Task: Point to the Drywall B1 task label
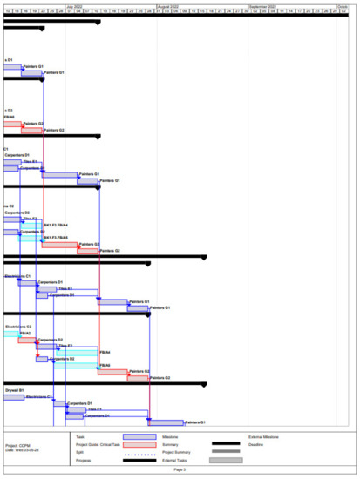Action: click(x=14, y=391)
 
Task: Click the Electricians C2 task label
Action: click(x=19, y=327)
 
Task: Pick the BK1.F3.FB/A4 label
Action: click(x=56, y=226)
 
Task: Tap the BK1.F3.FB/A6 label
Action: click(x=56, y=237)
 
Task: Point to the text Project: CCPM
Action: click(x=18, y=444)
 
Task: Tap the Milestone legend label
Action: click(x=172, y=436)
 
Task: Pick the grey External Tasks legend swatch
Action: click(x=226, y=460)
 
